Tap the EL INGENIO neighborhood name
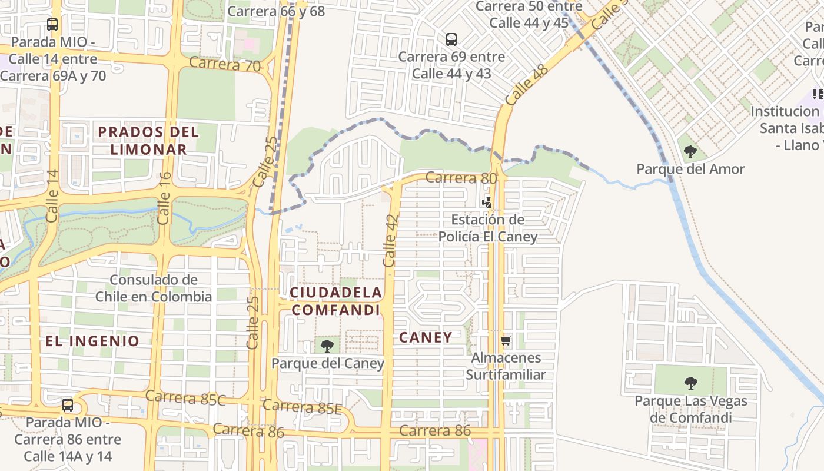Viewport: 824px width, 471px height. click(x=92, y=341)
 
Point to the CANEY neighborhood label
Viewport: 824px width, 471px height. click(x=426, y=337)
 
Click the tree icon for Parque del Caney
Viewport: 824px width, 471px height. click(x=327, y=346)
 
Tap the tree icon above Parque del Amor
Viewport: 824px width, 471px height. click(x=690, y=152)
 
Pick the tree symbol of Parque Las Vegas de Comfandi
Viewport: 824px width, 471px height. click(x=690, y=383)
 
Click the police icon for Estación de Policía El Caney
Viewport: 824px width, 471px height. click(x=487, y=202)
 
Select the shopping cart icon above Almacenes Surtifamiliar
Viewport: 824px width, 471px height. click(x=506, y=340)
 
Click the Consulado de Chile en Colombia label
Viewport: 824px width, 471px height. click(x=154, y=288)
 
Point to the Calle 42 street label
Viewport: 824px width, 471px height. click(x=390, y=240)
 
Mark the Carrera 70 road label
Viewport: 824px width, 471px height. click(x=225, y=64)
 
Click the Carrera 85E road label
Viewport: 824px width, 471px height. click(x=302, y=406)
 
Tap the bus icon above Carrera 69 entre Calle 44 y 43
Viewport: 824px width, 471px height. click(x=451, y=39)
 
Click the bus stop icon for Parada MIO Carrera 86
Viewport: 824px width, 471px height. click(x=68, y=405)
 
